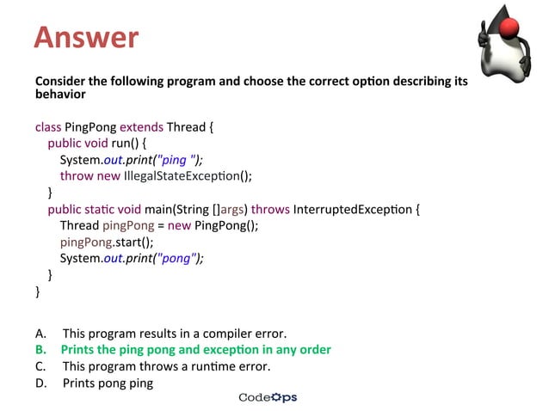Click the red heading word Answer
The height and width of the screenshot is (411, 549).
pos(86,37)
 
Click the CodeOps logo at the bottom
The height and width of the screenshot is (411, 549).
pos(268,397)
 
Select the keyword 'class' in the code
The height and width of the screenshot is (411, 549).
pos(48,127)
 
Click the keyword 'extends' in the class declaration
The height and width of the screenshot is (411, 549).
pos(142,127)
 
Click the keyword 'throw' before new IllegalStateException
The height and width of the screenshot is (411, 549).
pos(77,176)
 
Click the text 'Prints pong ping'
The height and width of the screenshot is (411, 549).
pos(108,383)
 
